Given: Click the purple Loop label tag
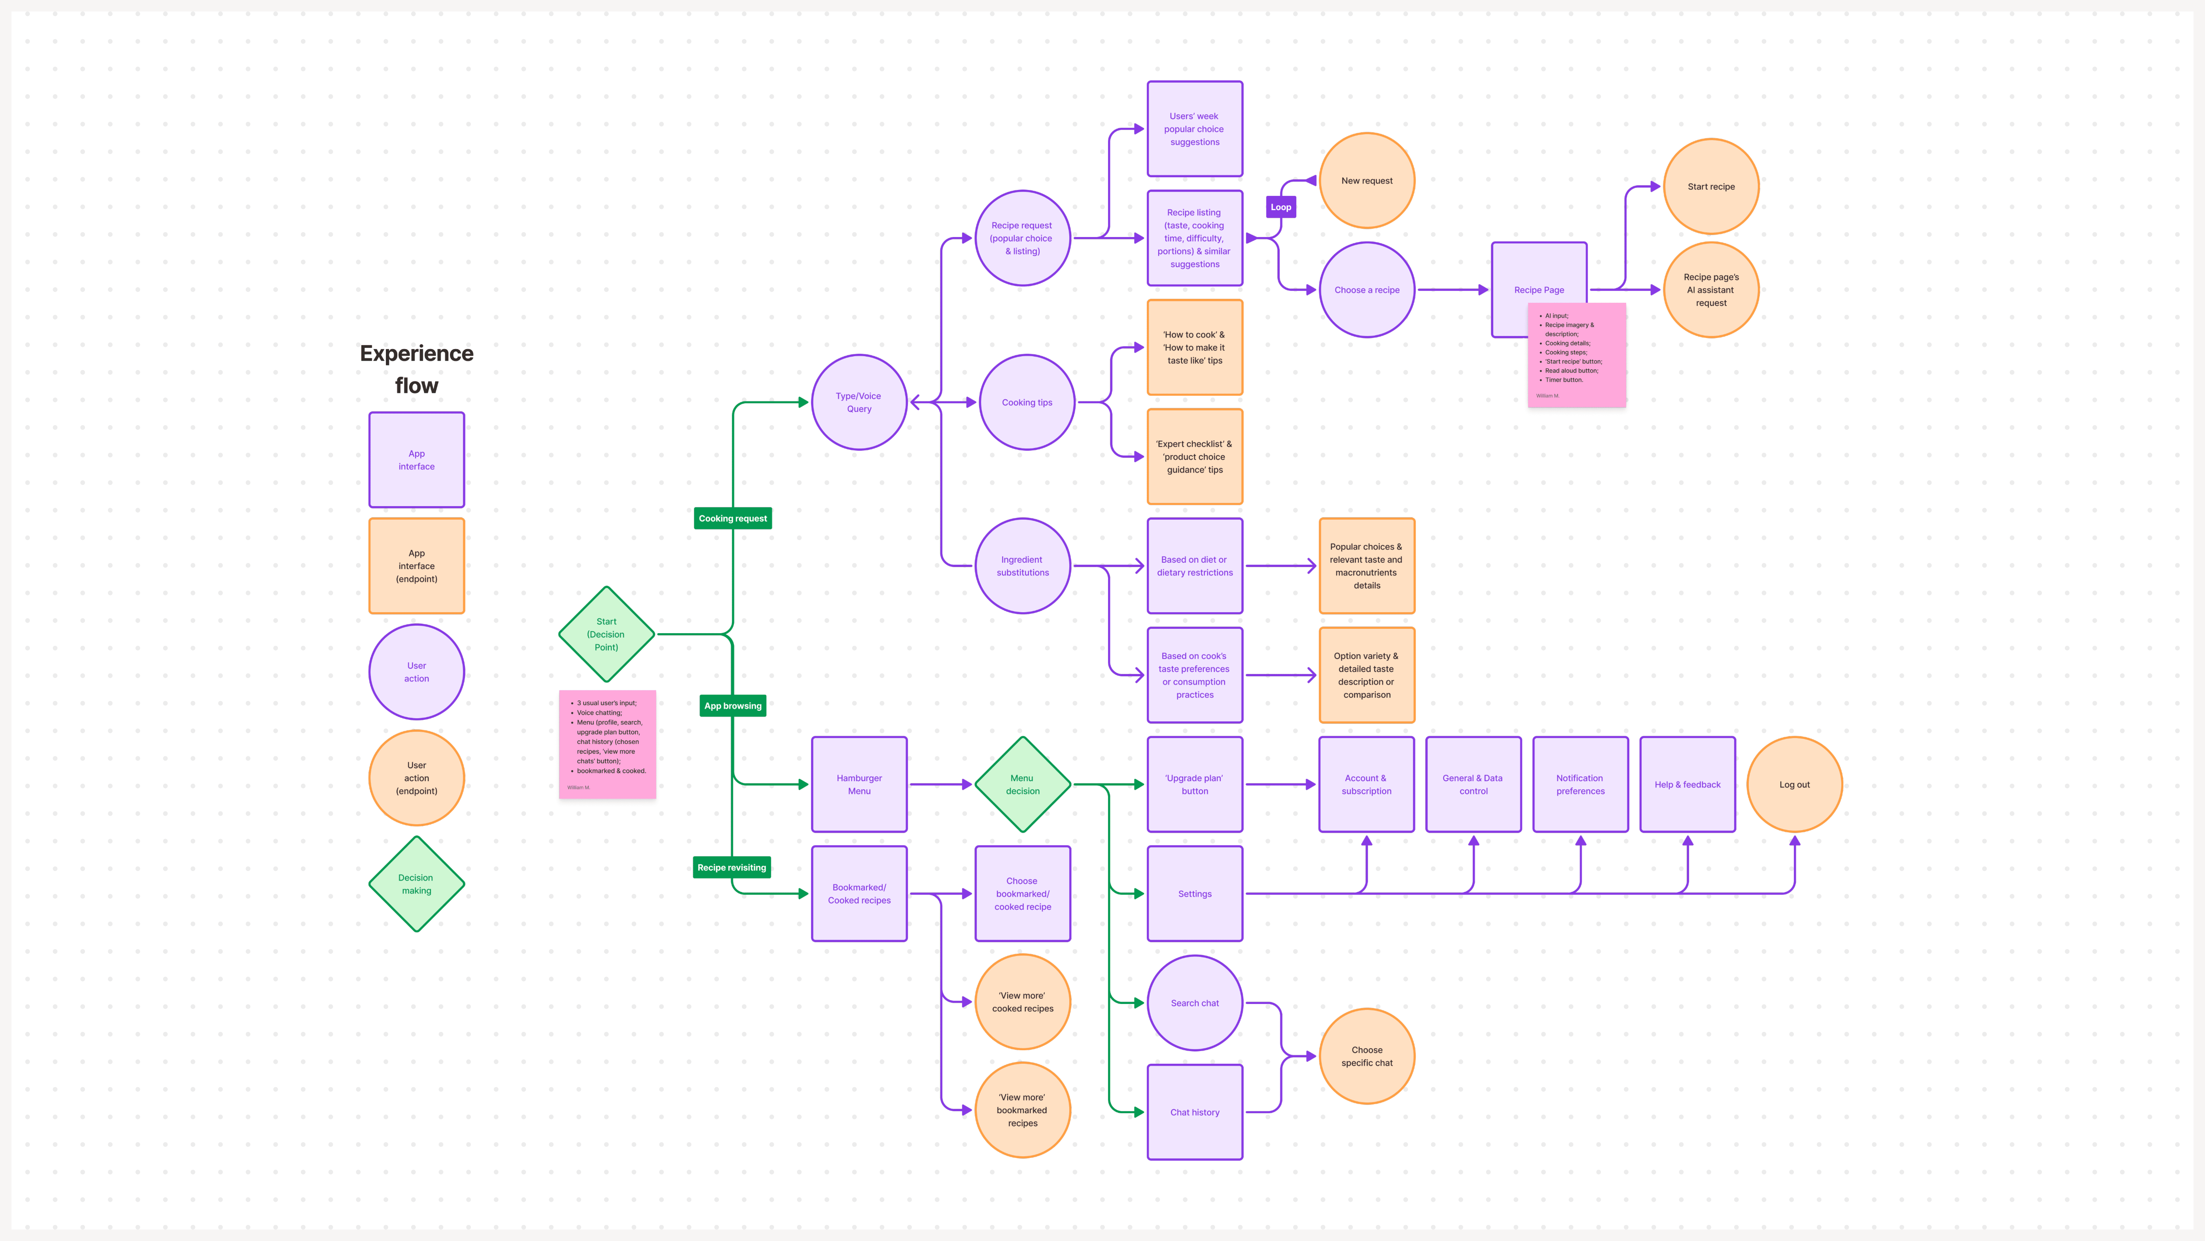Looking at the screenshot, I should pos(1281,207).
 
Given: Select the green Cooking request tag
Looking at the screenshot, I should pos(733,518).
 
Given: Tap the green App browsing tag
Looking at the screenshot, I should pos(733,706).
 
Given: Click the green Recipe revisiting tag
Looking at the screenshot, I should pos(732,868).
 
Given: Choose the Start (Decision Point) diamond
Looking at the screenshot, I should pos(606,635).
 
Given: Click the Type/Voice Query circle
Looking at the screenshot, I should pos(858,402).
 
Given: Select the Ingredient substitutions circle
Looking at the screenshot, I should pos(1022,566).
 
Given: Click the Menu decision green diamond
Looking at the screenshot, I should pos(1022,785).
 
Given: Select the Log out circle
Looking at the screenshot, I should pos(1794,785).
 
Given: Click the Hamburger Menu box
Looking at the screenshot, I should pos(858,785).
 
